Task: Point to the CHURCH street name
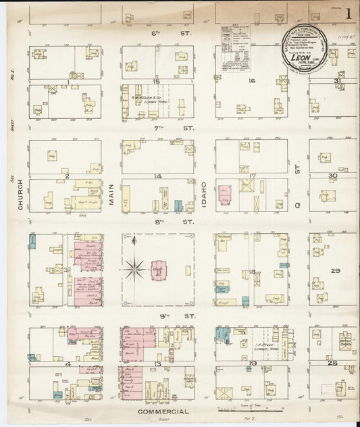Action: (21, 195)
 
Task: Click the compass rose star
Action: (135, 270)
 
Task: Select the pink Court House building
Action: (160, 270)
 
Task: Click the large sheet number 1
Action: (349, 14)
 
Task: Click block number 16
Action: (251, 81)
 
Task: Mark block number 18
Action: (252, 271)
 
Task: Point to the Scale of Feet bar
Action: (250, 409)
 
